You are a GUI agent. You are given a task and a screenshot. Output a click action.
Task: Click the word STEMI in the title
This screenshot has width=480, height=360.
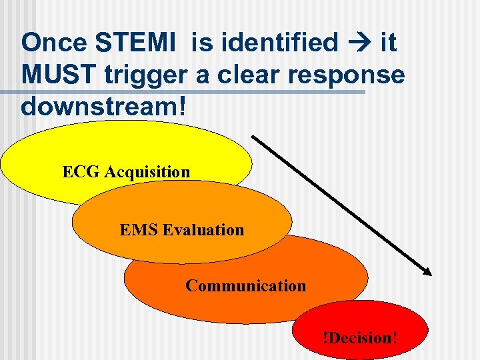tap(137, 43)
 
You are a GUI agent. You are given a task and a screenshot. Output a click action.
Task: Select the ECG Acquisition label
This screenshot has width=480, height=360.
tap(126, 172)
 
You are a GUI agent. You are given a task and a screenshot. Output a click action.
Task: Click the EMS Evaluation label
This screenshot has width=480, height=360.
tap(182, 230)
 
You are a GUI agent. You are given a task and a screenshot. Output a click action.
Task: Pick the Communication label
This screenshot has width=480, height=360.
tap(245, 286)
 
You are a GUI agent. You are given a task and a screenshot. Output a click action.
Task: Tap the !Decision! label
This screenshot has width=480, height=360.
tap(359, 337)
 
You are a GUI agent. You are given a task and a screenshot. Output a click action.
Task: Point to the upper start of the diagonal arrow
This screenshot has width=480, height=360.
tap(253, 137)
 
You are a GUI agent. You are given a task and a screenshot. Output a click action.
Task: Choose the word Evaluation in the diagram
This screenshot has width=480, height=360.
tap(203, 230)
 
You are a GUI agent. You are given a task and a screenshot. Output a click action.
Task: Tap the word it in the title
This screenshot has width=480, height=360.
tap(387, 43)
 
